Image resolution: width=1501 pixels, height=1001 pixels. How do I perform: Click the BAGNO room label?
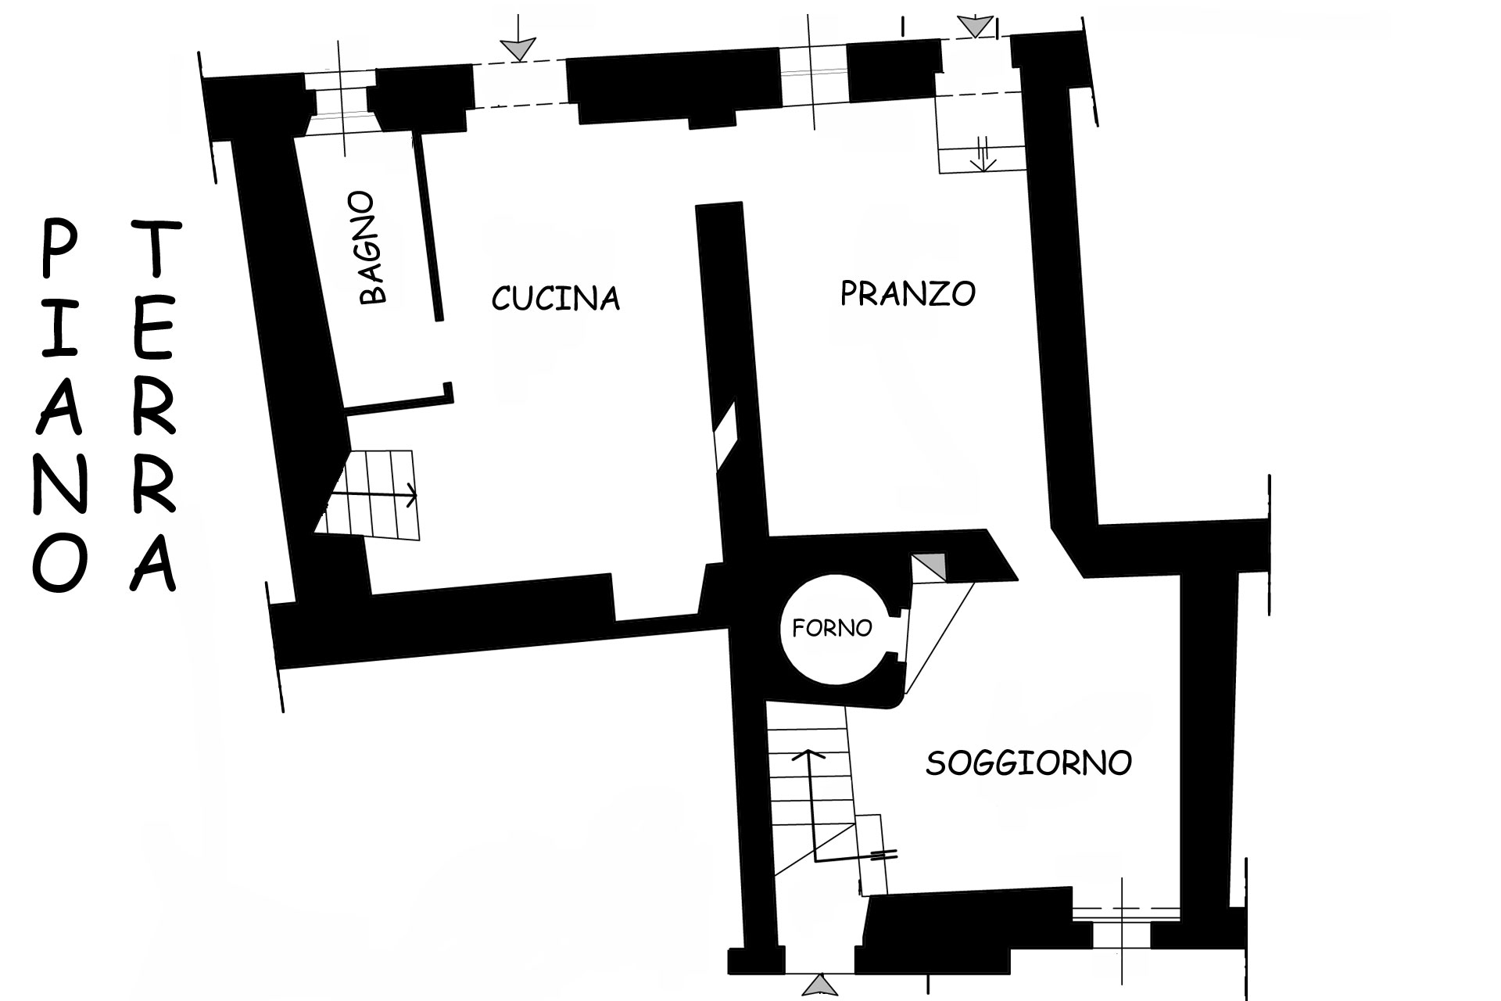coord(374,248)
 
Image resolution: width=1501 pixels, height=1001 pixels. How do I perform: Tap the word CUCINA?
coord(555,298)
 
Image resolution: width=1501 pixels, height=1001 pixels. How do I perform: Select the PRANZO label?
coord(908,293)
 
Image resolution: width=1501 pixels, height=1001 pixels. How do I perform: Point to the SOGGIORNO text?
coord(1029,762)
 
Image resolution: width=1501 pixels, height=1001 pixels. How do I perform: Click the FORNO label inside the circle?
coord(832,628)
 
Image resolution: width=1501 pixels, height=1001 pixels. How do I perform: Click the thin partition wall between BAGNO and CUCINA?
coord(428,226)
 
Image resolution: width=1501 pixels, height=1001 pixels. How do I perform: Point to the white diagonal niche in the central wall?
coord(725,437)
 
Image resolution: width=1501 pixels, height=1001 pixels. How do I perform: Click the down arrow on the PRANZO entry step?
coord(982,154)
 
